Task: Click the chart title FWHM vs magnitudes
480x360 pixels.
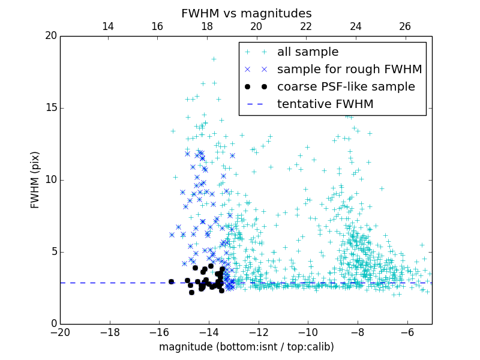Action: tap(246, 13)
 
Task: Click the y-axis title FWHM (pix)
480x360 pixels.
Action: tap(35, 179)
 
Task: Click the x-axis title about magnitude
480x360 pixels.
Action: tap(246, 347)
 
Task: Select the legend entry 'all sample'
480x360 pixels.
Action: tap(308, 52)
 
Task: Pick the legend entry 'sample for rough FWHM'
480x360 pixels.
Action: tap(349, 70)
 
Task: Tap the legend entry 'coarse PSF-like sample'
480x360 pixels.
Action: tap(346, 87)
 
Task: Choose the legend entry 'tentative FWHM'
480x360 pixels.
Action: tap(325, 104)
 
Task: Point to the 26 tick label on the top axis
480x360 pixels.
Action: tap(405, 26)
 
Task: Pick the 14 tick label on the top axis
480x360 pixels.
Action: tap(108, 26)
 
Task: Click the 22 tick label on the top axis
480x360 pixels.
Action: tap(306, 26)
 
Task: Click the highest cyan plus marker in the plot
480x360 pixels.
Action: tap(213, 59)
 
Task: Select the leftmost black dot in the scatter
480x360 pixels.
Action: tap(171, 281)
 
